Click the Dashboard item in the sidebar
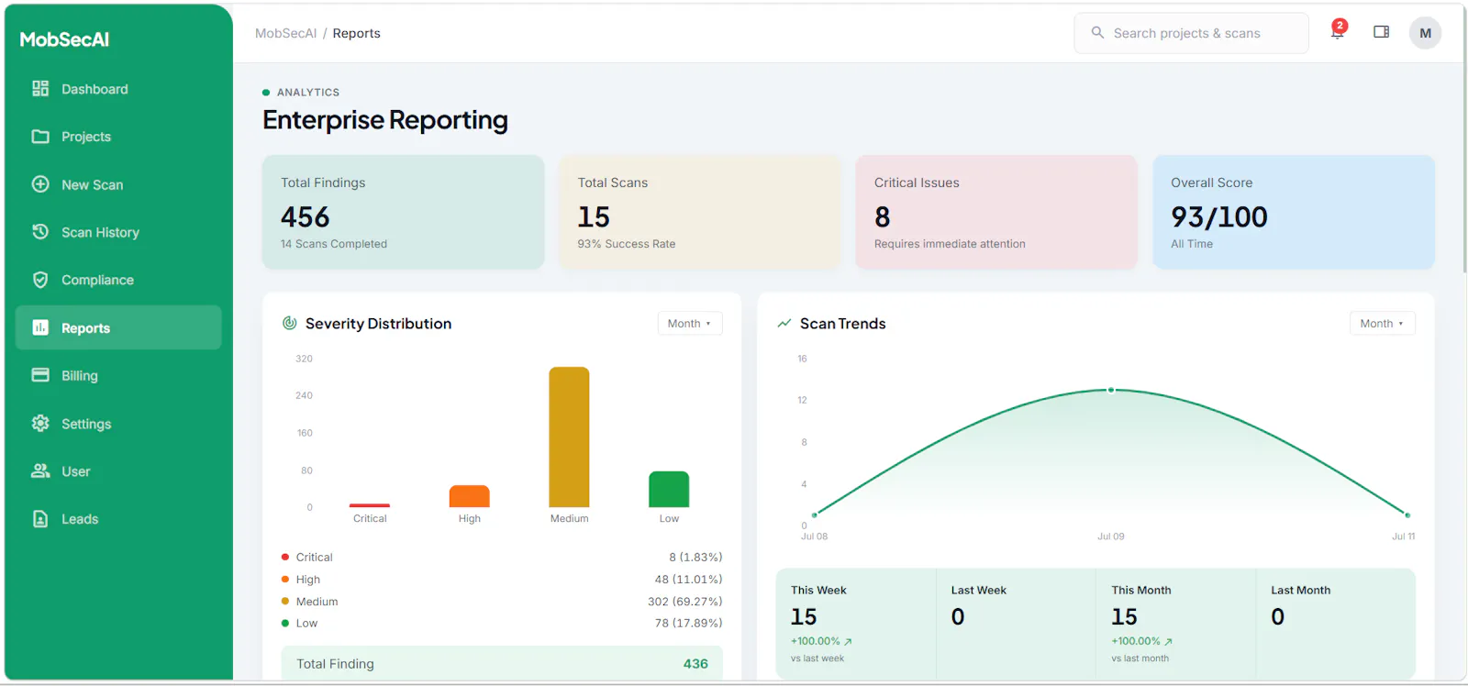[x=79, y=88]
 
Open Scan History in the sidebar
[x=85, y=232]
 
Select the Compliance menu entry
[x=83, y=280]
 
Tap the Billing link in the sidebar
[x=65, y=375]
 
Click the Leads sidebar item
[x=65, y=519]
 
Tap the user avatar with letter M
[x=1425, y=33]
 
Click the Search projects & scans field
[x=1191, y=33]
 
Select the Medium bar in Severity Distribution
[x=569, y=437]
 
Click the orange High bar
[x=469, y=496]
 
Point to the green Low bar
[x=669, y=489]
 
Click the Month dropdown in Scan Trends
[x=1382, y=323]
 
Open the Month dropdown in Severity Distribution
[x=689, y=323]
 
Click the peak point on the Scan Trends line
[x=1111, y=390]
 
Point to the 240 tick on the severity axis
[x=304, y=395]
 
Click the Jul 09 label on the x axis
[x=1111, y=536]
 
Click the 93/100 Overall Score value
[x=1219, y=216]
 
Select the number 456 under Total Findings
[x=305, y=216]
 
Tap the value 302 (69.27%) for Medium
[x=684, y=601]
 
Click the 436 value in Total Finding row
[x=695, y=664]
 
